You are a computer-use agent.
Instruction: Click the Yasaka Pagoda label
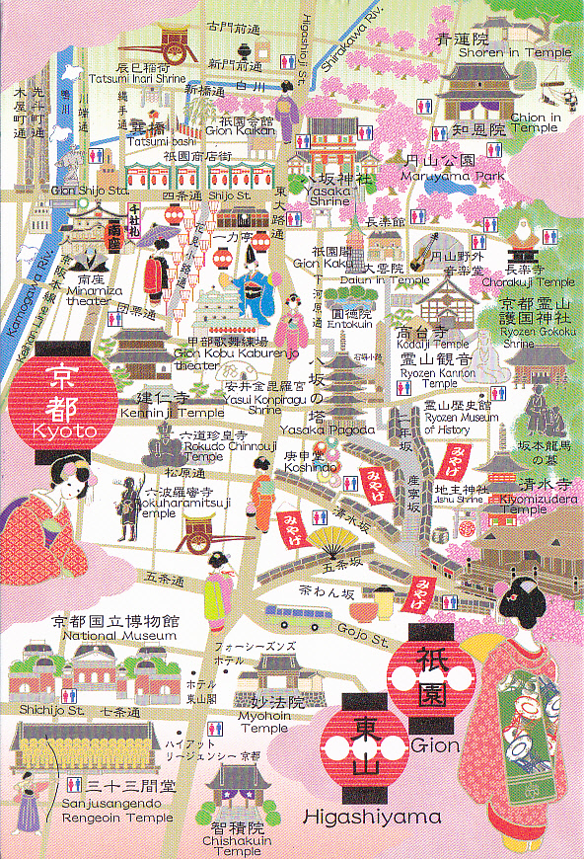click(x=314, y=429)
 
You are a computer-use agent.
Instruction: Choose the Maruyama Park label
click(x=440, y=176)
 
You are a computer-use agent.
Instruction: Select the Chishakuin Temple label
click(x=237, y=844)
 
